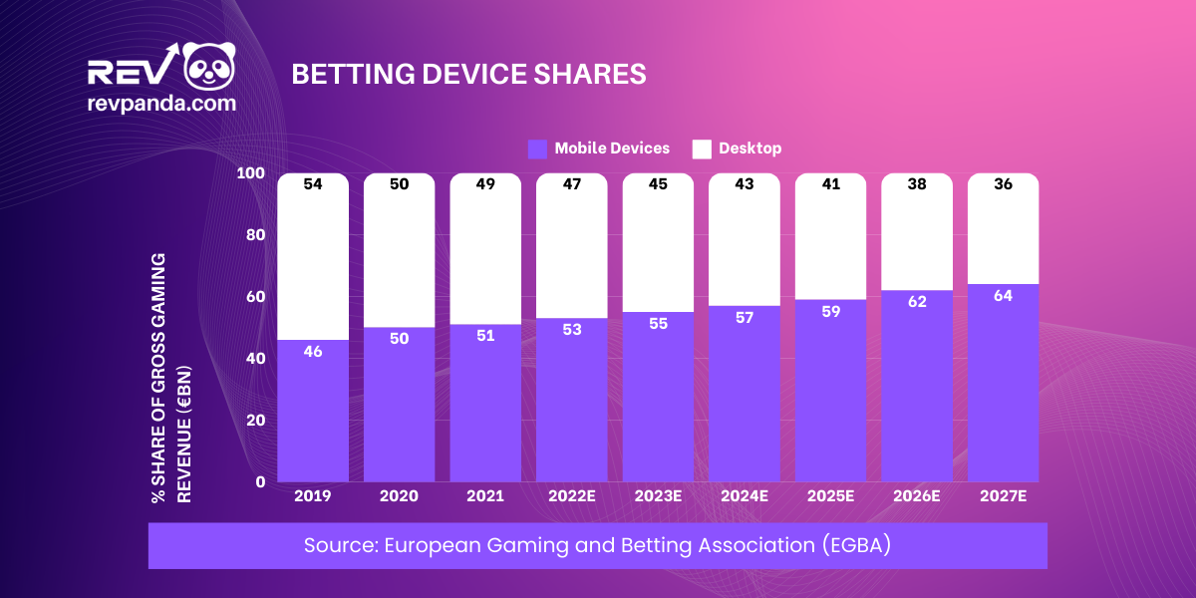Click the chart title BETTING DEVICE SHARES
pos(468,75)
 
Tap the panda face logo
pos(207,68)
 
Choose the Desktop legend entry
pos(738,149)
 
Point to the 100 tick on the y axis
pos(251,173)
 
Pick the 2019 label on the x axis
pos(313,496)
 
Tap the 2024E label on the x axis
pos(744,496)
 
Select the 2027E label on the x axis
pos(1003,496)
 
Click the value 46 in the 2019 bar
pos(313,352)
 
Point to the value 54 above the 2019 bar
pos(313,184)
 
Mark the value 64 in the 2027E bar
pos(1003,296)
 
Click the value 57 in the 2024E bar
pos(744,317)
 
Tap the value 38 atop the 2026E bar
pos(917,184)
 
